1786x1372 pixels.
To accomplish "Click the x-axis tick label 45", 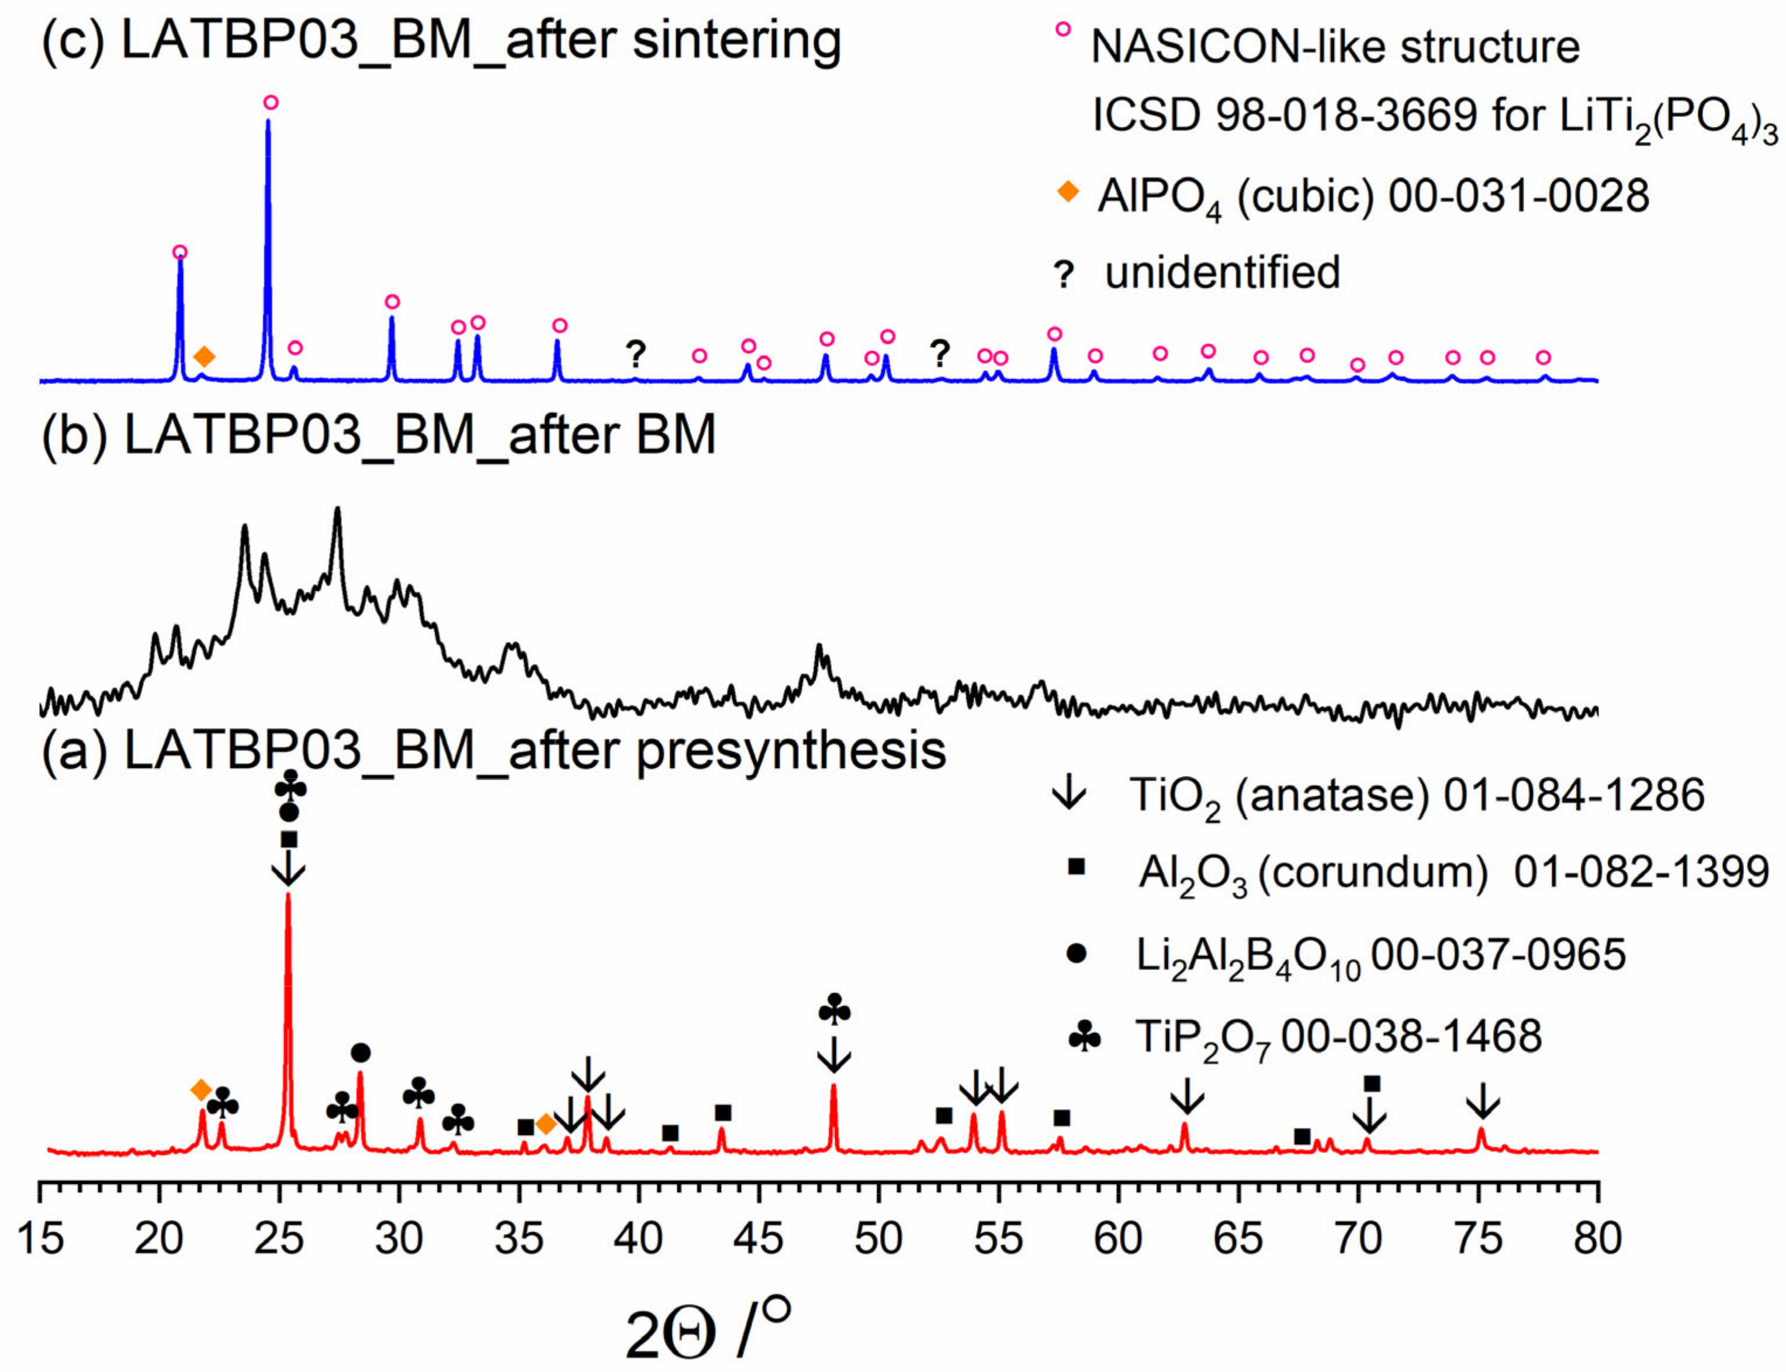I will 758,1239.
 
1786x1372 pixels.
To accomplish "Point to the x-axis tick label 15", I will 40,1239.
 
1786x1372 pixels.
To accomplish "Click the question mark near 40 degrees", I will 635,354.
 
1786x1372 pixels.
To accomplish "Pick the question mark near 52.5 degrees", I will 940,354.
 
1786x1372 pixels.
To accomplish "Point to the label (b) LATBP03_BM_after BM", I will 379,435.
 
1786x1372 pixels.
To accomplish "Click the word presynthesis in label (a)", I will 791,750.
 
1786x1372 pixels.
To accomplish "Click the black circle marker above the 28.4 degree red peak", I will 361,1053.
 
